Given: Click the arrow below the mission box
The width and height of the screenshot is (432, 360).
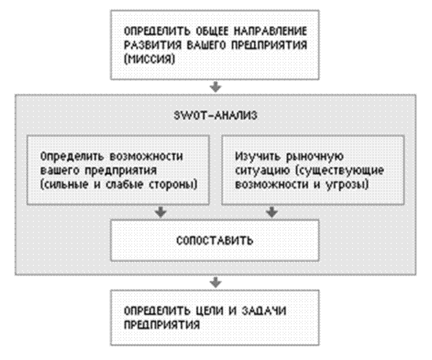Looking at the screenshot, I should coord(216,87).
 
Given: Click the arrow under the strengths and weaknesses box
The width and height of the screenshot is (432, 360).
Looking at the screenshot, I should coord(160,212).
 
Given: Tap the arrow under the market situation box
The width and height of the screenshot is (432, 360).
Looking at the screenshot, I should coord(272,212).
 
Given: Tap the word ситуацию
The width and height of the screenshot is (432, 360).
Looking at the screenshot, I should coord(258,170).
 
